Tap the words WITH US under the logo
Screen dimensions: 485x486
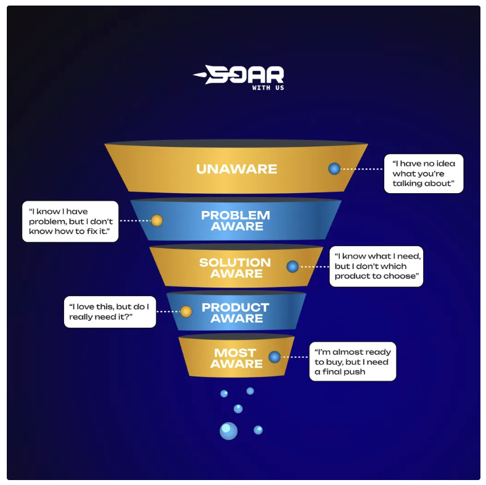click(x=268, y=88)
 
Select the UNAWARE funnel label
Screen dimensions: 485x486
click(x=236, y=168)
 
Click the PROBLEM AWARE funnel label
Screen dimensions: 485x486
click(x=236, y=220)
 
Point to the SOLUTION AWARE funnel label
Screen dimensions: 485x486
click(x=235, y=268)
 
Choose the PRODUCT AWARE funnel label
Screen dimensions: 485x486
click(x=236, y=312)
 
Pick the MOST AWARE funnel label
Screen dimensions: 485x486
click(x=235, y=358)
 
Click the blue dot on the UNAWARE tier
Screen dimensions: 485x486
click(x=334, y=168)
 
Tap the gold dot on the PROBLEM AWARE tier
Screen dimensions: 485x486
click(x=157, y=220)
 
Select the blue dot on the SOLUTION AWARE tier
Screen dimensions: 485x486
click(x=292, y=267)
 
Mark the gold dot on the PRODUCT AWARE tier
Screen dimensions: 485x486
click(x=186, y=312)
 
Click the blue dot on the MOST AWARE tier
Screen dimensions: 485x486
click(x=274, y=357)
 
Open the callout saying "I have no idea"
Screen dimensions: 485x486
click(x=423, y=173)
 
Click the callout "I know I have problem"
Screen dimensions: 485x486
click(x=70, y=221)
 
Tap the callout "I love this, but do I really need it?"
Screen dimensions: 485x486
click(x=109, y=312)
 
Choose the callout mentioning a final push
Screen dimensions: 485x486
click(x=352, y=362)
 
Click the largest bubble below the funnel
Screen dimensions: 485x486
click(x=228, y=431)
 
